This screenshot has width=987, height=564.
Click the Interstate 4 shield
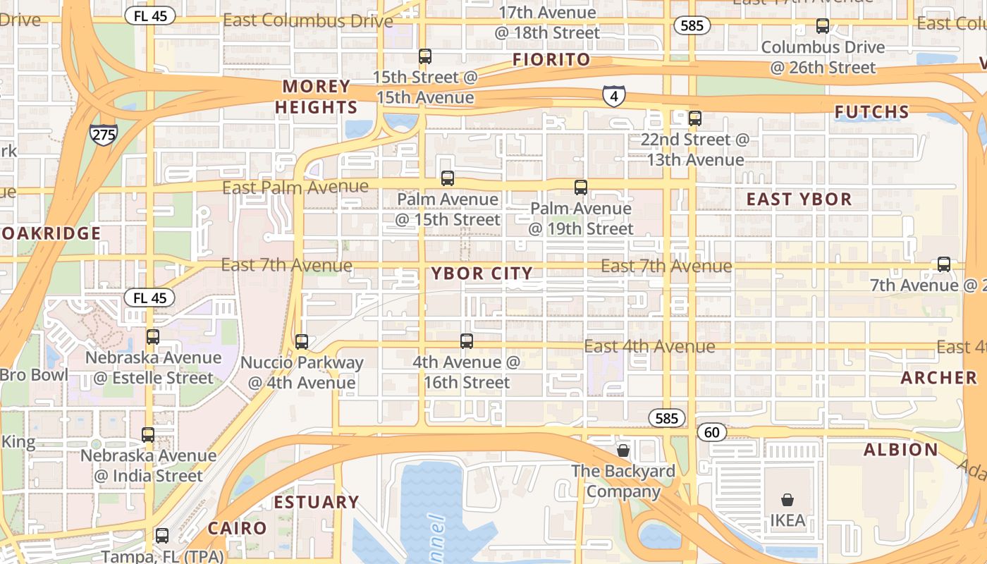(613, 96)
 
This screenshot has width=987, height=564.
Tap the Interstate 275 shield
(103, 134)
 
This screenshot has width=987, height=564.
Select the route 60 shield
(712, 431)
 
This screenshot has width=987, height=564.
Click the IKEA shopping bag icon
(787, 500)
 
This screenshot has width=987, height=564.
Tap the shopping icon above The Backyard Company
(623, 450)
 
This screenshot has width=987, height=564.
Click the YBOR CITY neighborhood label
(482, 274)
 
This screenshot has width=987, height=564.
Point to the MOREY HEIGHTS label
(317, 97)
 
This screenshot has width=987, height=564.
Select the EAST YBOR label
(799, 200)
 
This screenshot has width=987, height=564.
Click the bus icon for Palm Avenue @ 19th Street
(580, 188)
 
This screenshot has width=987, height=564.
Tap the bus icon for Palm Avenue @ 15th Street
(447, 178)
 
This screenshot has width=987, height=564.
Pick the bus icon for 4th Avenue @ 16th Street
(466, 341)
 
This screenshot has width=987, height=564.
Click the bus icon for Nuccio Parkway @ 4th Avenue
(302, 342)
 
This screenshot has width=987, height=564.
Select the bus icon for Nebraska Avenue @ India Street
(148, 435)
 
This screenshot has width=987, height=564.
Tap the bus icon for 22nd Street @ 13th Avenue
(694, 118)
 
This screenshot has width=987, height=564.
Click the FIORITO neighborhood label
(551, 60)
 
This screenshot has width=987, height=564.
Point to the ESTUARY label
(317, 502)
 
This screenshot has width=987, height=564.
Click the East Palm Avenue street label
(295, 188)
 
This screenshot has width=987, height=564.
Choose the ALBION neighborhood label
(901, 450)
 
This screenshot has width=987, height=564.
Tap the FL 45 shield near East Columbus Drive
(149, 16)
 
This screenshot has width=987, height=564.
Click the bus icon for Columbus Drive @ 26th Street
(822, 27)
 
